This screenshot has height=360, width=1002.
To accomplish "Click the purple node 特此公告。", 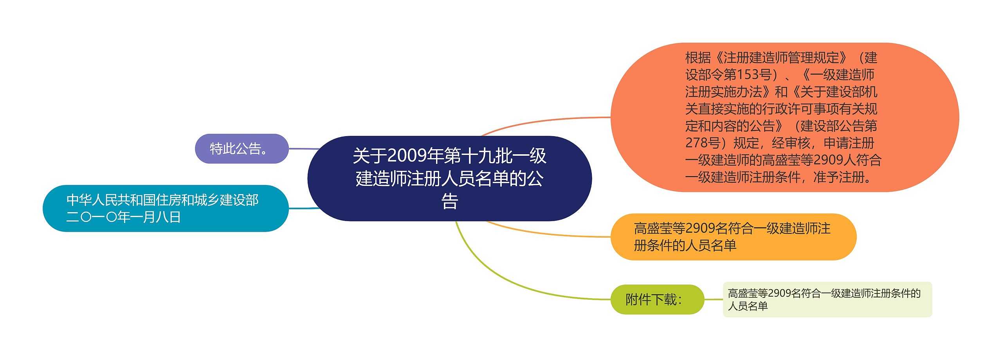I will click(x=241, y=149).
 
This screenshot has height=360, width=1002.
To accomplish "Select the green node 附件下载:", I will click(x=657, y=300).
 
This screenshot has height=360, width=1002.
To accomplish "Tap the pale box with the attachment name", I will click(x=827, y=300).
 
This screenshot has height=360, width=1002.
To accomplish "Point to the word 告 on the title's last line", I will click(x=449, y=202).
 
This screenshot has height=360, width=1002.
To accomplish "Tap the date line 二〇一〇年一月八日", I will click(x=123, y=217).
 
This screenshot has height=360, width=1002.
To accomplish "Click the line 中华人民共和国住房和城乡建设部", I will click(x=162, y=200).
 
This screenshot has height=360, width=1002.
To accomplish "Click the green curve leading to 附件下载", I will click(x=509, y=282).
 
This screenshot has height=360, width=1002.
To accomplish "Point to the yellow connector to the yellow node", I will click(x=548, y=234).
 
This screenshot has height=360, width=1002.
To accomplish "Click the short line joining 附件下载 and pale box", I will click(x=713, y=300).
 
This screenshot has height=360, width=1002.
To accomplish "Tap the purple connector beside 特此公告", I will click(x=303, y=149).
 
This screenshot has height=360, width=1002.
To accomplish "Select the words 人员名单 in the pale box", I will click(x=748, y=306).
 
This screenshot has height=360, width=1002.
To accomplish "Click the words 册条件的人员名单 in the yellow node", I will click(x=685, y=245).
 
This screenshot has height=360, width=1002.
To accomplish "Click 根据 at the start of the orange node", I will click(x=698, y=58).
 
